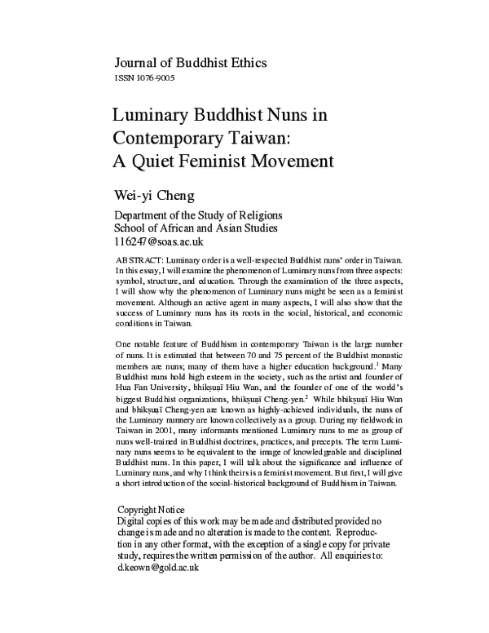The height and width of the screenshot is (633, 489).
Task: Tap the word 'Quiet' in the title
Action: tap(158, 158)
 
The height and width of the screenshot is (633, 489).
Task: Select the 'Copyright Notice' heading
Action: tap(151, 510)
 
